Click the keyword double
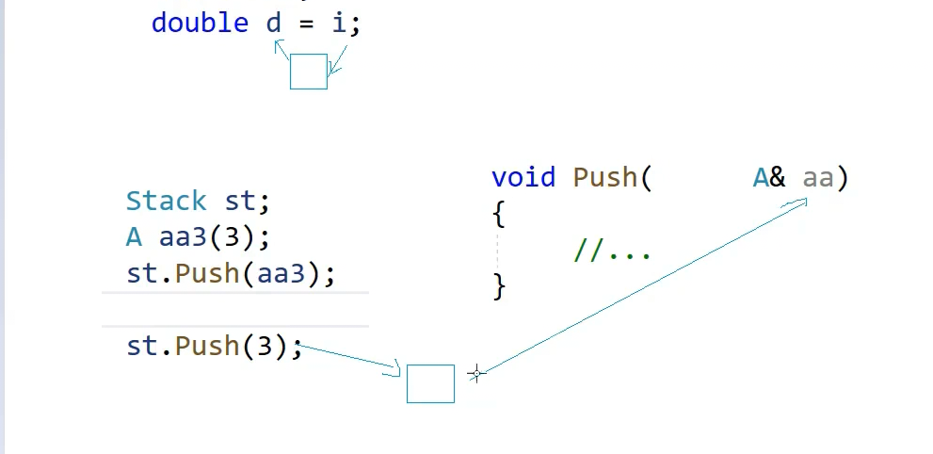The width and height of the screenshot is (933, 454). (x=200, y=23)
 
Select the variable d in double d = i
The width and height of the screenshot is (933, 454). (x=274, y=23)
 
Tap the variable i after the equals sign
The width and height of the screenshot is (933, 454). (x=338, y=23)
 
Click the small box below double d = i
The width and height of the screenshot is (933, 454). (x=308, y=72)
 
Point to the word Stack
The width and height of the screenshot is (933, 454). (x=166, y=201)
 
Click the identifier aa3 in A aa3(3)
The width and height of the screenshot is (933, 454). (x=183, y=236)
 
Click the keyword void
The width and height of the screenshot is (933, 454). (x=523, y=177)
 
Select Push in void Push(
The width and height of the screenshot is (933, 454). (x=605, y=177)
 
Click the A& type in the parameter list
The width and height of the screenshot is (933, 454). (x=768, y=177)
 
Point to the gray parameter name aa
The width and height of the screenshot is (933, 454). (x=818, y=177)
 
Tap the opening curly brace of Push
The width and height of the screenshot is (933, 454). (x=499, y=215)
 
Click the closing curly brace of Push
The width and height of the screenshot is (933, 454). (x=499, y=286)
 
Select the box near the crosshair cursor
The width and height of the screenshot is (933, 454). (x=430, y=383)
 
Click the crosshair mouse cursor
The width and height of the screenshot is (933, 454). (x=476, y=374)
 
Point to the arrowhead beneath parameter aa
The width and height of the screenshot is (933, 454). (x=802, y=201)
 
